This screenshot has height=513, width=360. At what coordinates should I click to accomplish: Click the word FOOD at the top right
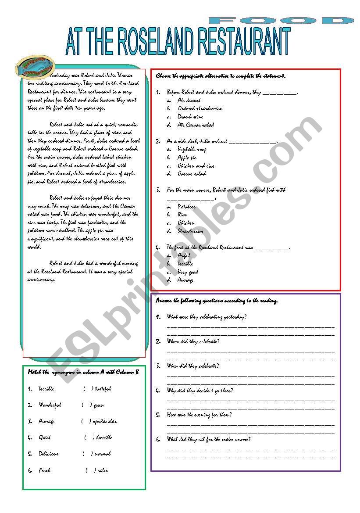(281, 21)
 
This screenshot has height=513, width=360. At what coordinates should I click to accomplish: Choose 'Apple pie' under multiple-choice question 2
(187, 158)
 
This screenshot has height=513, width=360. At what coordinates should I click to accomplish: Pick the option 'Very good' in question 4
(188, 272)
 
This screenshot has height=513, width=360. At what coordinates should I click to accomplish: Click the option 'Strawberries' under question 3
(190, 231)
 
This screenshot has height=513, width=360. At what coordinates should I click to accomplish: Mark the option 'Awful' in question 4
(184, 255)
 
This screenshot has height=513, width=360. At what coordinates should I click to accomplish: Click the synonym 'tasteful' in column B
(103, 389)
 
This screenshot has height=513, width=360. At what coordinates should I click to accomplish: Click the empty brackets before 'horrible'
(89, 438)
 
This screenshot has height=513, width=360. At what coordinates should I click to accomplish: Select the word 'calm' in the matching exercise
(103, 470)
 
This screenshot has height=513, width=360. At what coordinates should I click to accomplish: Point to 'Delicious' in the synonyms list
(48, 454)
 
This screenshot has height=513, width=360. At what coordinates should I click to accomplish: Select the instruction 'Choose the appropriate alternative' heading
(221, 76)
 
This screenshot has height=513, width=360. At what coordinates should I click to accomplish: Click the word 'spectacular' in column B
(105, 421)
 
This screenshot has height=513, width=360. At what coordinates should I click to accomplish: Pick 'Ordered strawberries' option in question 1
(200, 108)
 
